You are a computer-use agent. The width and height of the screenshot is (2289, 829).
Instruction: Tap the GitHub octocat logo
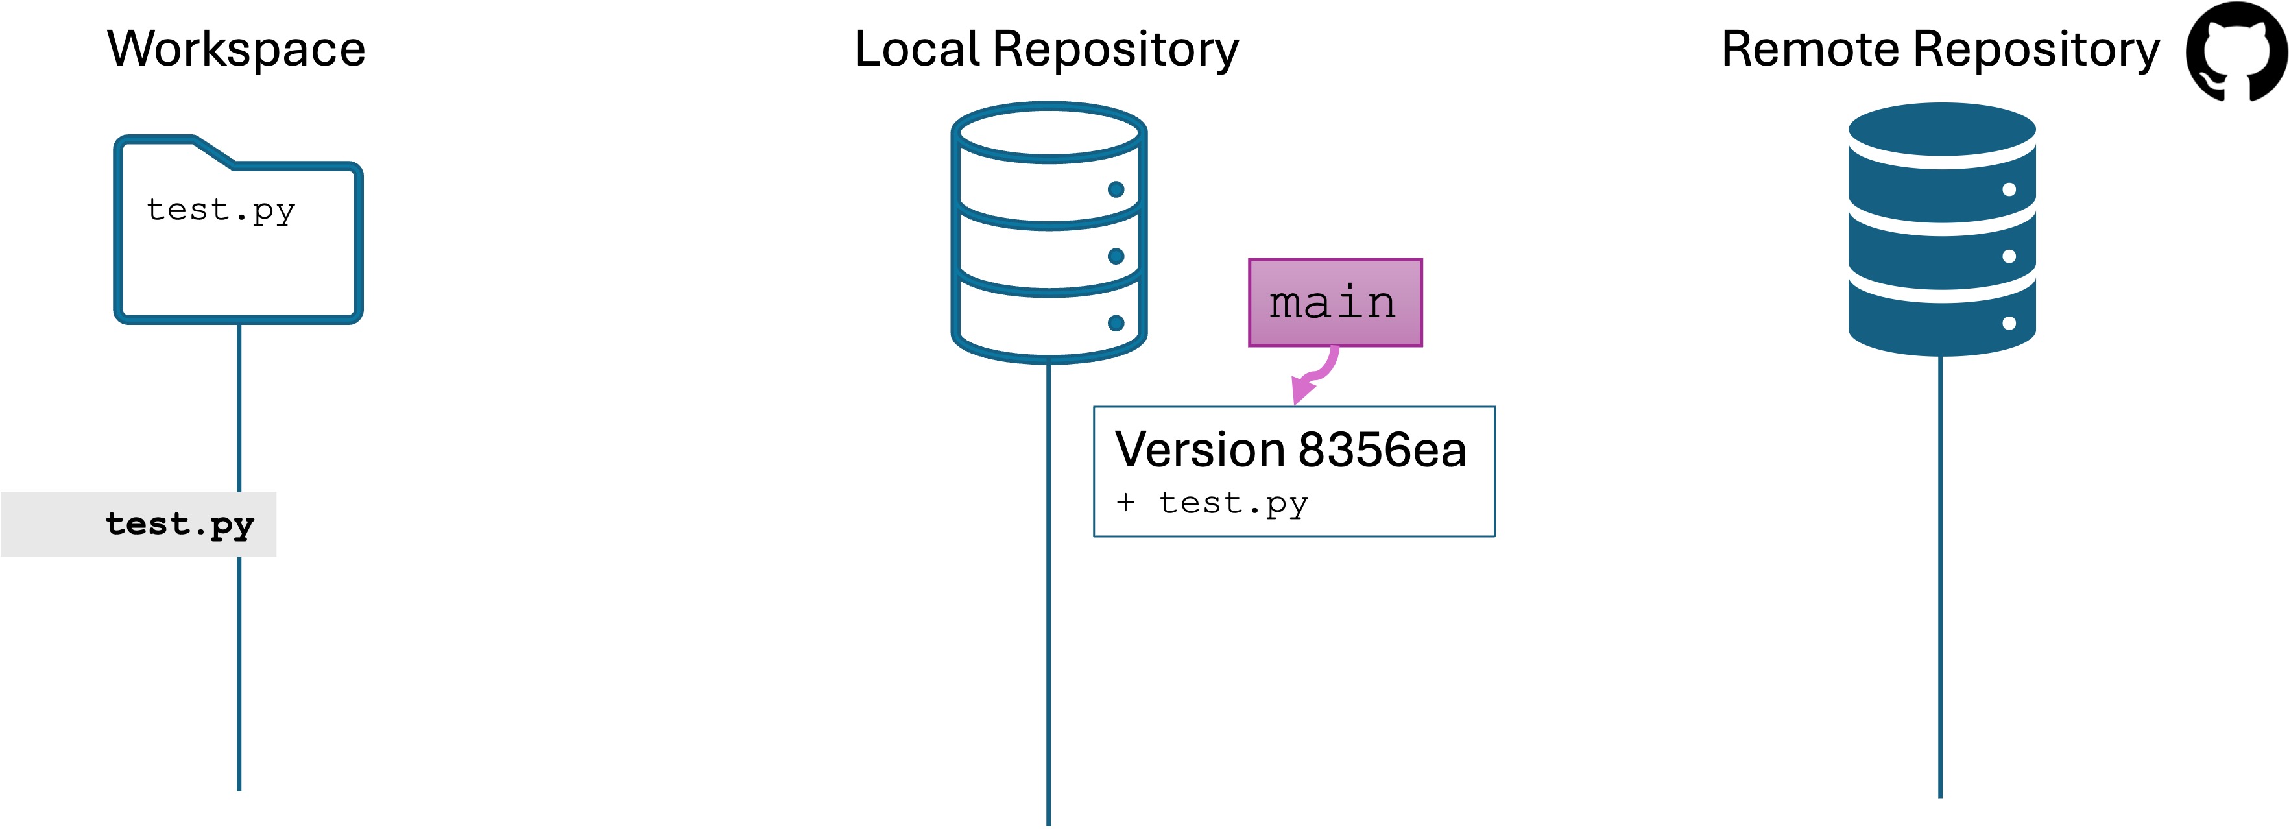tap(2236, 51)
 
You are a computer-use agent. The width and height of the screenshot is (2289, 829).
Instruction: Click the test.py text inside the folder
tap(221, 211)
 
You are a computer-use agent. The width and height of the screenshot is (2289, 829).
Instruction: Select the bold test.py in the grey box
tap(180, 524)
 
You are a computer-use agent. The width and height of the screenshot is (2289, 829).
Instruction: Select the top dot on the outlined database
tap(1116, 189)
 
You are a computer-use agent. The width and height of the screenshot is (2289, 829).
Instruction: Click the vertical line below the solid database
tap(1940, 577)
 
